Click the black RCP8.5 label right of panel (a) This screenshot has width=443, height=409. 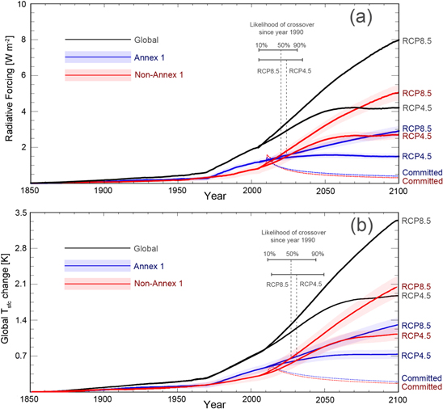[420, 40]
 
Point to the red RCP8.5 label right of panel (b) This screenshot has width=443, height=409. [420, 286]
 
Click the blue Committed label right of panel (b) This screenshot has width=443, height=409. [421, 377]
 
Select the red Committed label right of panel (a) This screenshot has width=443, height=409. [421, 181]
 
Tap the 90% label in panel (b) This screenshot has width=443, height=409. [318, 255]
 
